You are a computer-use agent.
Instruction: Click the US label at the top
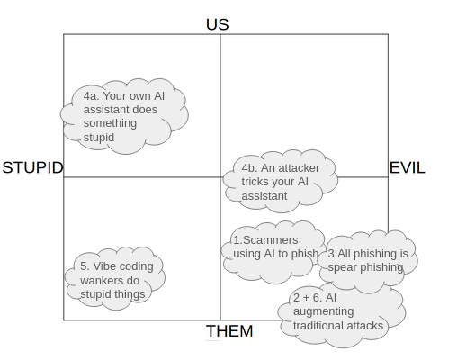[217, 24]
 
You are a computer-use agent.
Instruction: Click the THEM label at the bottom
[229, 331]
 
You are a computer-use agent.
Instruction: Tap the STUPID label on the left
[33, 168]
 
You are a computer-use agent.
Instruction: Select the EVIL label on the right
[407, 168]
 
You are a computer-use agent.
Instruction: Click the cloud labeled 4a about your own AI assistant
[124, 116]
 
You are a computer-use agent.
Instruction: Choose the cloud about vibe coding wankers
[117, 279]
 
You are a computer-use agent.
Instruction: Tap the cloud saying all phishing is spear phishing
[369, 260]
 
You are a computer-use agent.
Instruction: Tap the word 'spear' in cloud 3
[344, 267]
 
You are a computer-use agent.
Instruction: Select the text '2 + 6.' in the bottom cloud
[307, 297]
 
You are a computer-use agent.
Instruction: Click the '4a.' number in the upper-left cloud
[92, 94]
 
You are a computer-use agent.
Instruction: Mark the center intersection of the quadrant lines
[220, 176]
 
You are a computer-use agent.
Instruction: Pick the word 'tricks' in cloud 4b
[257, 182]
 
